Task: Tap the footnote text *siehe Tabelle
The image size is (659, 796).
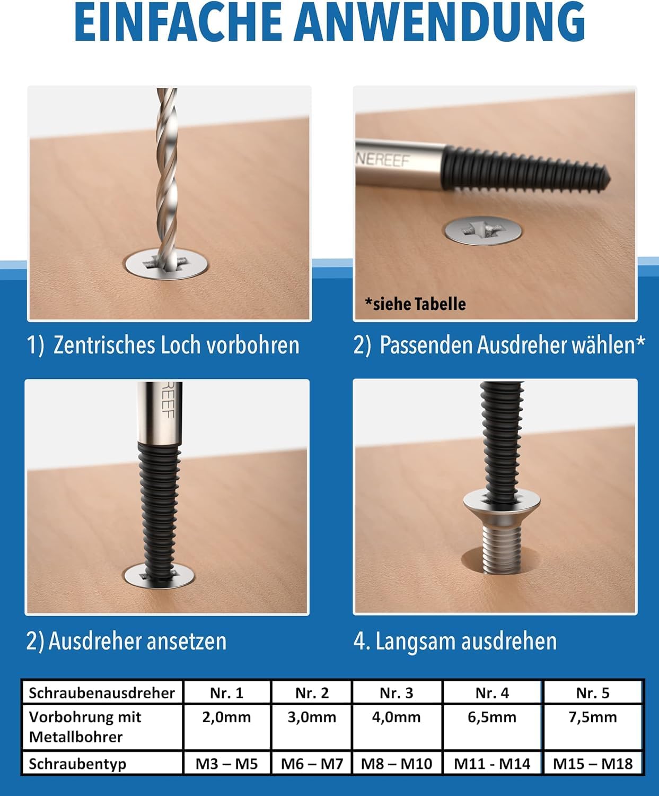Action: tap(415, 304)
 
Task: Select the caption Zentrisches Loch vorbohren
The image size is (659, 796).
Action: tap(176, 345)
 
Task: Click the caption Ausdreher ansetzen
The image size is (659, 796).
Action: tap(137, 641)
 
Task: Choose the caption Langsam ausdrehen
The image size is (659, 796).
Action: tap(465, 641)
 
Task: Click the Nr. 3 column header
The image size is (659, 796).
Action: tap(396, 693)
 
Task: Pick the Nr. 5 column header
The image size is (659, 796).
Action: tap(593, 693)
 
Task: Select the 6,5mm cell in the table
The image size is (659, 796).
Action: tap(492, 717)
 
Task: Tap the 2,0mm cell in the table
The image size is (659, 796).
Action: tap(226, 717)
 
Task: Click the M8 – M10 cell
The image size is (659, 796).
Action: tap(396, 764)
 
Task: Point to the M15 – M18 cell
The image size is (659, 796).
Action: tap(593, 764)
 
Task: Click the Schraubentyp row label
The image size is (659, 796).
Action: tap(77, 764)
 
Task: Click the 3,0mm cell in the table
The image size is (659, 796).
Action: tap(312, 717)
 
